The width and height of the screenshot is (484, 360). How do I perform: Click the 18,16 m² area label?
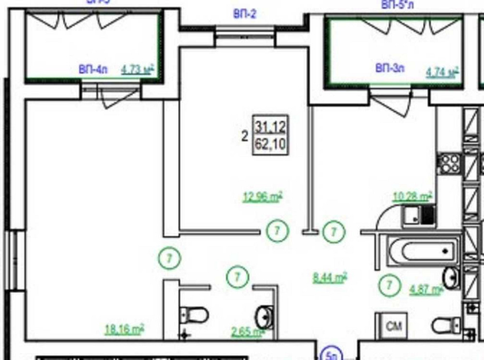[x=124, y=330]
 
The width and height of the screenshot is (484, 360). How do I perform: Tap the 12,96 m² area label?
[x=262, y=197]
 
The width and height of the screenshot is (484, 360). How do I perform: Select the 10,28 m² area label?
[x=412, y=196]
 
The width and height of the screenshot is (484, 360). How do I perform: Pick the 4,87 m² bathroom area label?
[x=426, y=290]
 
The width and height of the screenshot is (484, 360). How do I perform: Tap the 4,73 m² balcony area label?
[x=137, y=70]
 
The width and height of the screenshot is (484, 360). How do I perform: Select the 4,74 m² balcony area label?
[x=442, y=73]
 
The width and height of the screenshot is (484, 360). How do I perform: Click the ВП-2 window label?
[x=245, y=15]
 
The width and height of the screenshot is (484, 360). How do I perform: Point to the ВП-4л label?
[x=92, y=70]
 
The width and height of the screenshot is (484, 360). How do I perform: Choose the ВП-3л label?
[x=390, y=68]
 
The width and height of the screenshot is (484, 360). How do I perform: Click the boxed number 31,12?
[x=271, y=128]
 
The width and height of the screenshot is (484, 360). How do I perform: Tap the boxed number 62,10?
[x=271, y=145]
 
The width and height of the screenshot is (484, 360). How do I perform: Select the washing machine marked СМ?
[x=391, y=327]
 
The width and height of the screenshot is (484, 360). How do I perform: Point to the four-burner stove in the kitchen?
[x=449, y=164]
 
